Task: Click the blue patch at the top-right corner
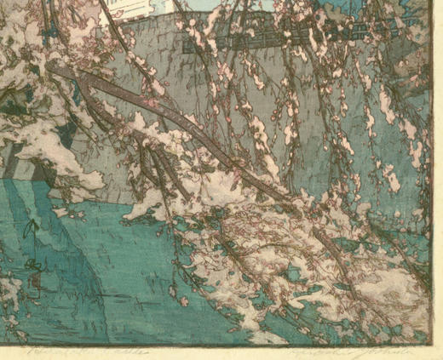pos(426,9)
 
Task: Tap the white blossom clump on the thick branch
pos(162,136)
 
